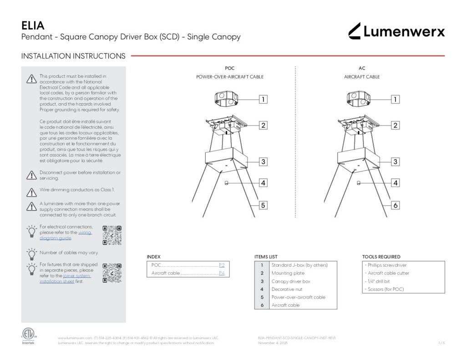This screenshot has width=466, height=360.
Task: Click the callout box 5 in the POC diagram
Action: (263, 205)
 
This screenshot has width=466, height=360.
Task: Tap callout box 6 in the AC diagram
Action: (395, 205)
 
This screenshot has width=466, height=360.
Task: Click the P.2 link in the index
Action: (222, 265)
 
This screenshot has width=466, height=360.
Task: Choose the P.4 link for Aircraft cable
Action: (222, 273)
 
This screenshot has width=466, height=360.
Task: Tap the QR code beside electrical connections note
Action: (112, 235)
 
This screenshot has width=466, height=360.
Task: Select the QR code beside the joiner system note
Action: (112, 273)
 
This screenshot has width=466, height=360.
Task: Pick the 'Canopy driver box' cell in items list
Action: (291, 281)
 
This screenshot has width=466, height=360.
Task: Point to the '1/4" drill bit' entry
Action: (378, 281)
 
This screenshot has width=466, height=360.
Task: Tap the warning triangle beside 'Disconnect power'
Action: (31, 175)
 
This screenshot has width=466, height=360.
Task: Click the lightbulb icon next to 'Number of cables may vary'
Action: (31, 253)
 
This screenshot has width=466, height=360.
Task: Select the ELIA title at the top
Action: (33, 25)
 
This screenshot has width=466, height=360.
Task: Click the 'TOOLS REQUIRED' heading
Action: (381, 257)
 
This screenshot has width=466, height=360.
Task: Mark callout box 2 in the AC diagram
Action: (395, 125)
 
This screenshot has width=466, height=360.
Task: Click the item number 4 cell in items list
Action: (262, 289)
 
